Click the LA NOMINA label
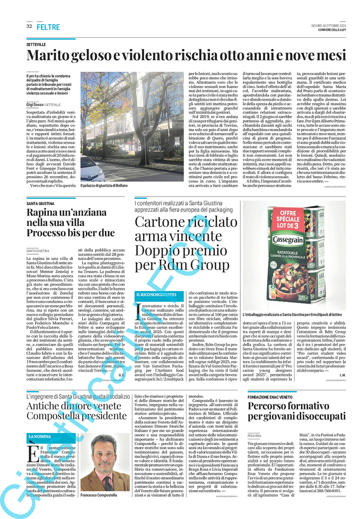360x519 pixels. click(x=40, y=437)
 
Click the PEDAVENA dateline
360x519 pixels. click(x=255, y=436)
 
